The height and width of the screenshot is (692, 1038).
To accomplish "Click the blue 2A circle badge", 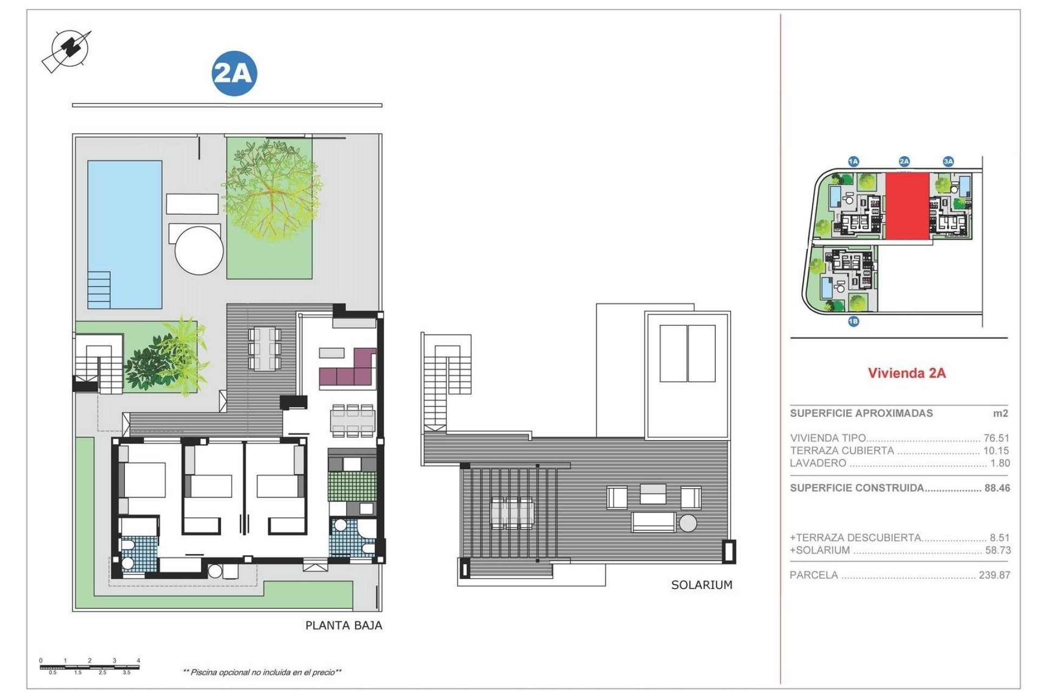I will coord(234,74).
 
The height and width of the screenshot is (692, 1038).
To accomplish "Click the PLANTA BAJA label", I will coord(343,626).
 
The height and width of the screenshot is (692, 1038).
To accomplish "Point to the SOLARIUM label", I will coord(701,585).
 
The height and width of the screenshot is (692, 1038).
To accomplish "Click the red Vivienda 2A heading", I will coord(907,373).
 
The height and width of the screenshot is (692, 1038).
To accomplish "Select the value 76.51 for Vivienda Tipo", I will coord(996,438).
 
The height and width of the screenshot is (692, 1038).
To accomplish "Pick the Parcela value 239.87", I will coord(994,575).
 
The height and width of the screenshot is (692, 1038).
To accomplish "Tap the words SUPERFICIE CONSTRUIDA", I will coord(857,488).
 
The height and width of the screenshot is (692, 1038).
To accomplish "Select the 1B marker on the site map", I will coord(853,322).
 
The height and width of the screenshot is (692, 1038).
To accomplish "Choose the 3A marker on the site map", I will coord(948,161).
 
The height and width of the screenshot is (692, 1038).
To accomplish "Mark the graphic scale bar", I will coord(90,667).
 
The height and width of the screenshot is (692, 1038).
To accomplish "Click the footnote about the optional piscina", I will coord(262,673).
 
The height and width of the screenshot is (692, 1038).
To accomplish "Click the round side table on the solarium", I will coord(688,523).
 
